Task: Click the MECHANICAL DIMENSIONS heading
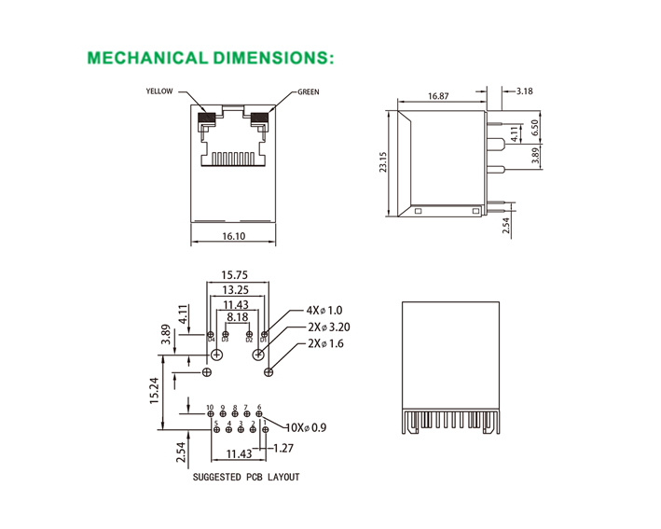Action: point(210,58)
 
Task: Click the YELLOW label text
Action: point(159,92)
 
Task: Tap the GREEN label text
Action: point(309,92)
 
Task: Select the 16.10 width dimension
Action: point(234,237)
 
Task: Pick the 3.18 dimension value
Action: point(524,91)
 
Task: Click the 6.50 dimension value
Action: point(535,128)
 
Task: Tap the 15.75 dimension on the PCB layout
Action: point(234,275)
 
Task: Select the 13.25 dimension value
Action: point(235,290)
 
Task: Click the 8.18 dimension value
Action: point(235,317)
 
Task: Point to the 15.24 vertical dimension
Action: point(156,390)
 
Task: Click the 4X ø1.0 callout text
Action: point(324,311)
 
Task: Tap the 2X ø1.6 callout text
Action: point(325,344)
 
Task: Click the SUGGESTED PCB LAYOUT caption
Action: point(246,478)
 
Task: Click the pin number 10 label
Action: point(211,408)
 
